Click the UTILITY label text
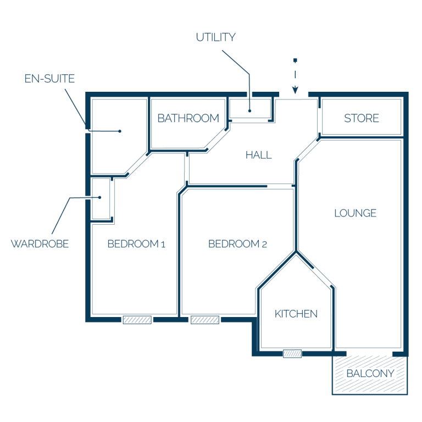[x=216, y=37]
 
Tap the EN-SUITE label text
[x=49, y=79]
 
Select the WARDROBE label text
[x=40, y=244]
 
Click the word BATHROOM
[x=188, y=118]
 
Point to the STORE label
[x=362, y=118]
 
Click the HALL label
[x=259, y=155]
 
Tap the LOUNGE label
[x=356, y=213]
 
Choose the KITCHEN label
[x=296, y=314]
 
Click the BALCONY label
[x=370, y=373]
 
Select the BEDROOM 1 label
[x=136, y=244]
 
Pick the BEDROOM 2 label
[x=237, y=244]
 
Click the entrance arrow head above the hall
[x=295, y=90]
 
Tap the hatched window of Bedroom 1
[x=137, y=320]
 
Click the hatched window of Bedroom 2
[x=205, y=320]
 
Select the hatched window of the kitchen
[x=292, y=354]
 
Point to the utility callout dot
[x=250, y=110]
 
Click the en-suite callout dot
[x=120, y=131]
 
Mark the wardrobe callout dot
[x=99, y=197]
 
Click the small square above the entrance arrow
[x=295, y=60]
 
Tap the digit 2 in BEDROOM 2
[x=264, y=245]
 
